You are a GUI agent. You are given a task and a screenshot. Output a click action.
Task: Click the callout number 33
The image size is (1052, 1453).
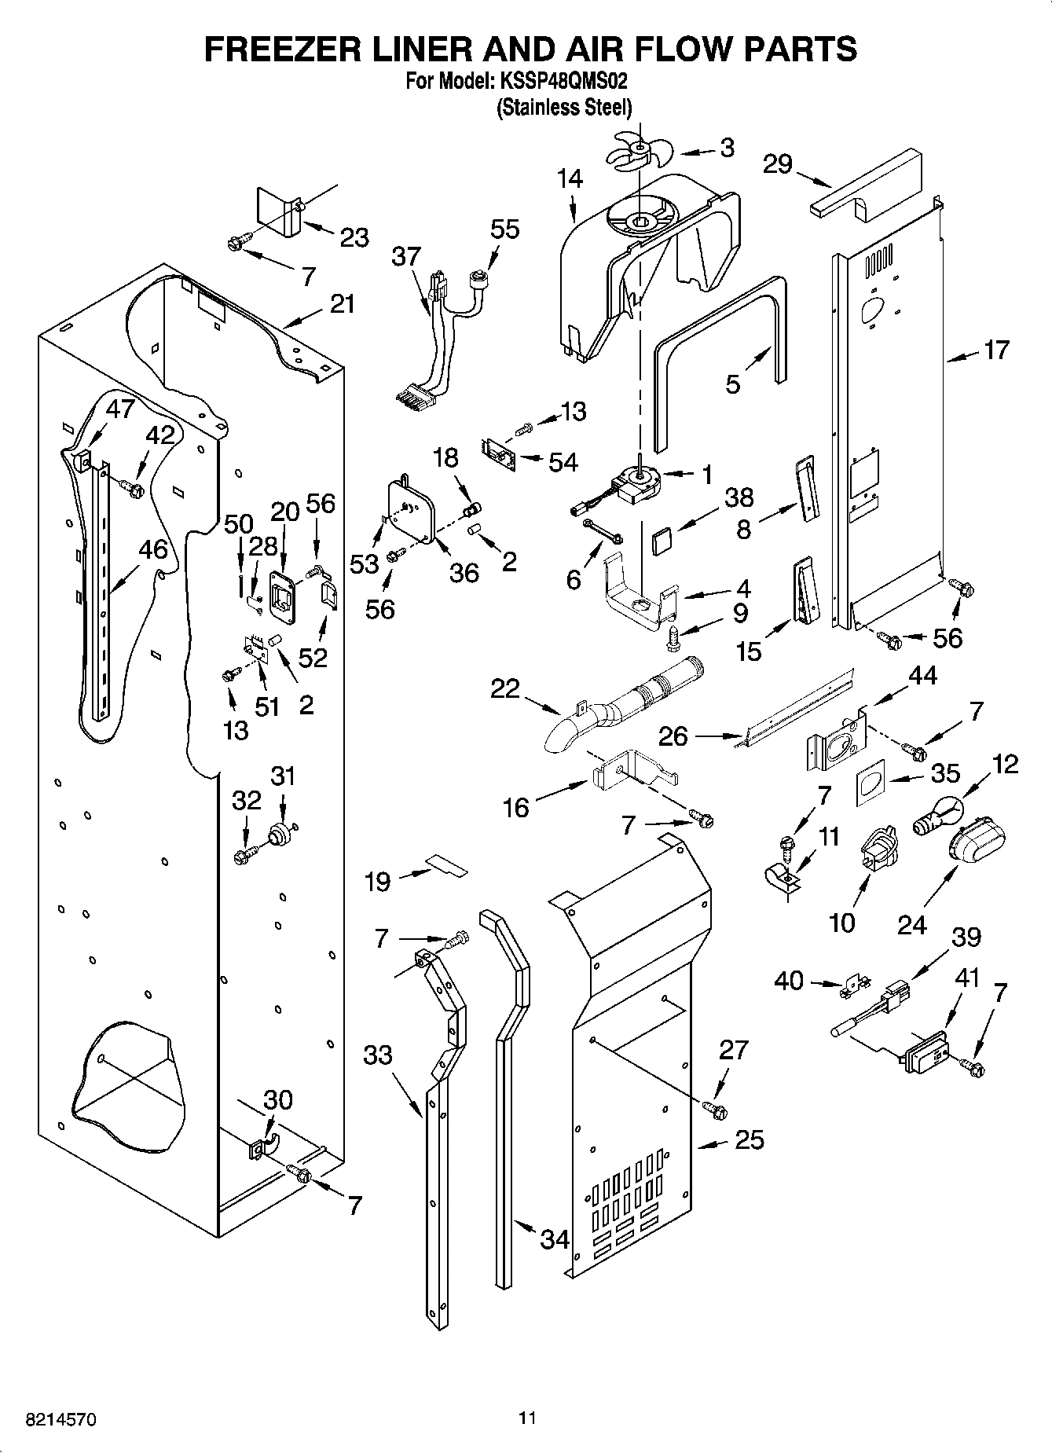378,1055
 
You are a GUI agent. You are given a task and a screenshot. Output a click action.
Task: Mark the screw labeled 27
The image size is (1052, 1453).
715,1110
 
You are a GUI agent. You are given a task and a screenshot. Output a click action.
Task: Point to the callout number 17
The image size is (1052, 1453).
995,350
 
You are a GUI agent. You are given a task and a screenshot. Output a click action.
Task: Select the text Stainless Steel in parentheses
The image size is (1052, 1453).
563,108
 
